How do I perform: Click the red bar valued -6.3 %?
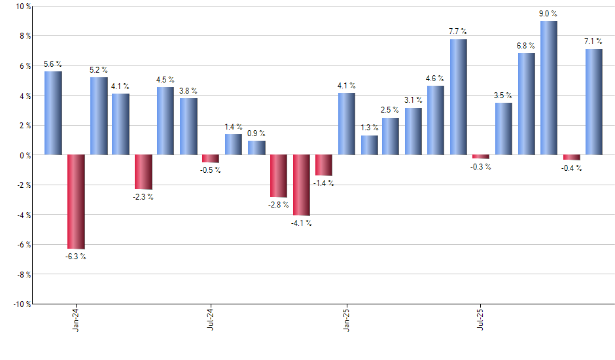coord(76,202)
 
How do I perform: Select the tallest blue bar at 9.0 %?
coord(549,88)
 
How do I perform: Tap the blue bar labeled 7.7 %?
coord(459,97)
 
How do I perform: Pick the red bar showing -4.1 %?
coord(301,185)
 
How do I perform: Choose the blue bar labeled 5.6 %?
coord(53,113)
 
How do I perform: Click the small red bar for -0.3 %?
coord(481,157)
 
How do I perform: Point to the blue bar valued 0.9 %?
coord(256,148)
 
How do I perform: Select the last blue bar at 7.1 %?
coord(594,102)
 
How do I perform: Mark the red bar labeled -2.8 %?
coord(279,176)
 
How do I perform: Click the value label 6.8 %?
coord(526,46)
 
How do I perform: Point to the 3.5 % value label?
coord(503,96)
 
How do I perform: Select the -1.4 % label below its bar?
coord(324,183)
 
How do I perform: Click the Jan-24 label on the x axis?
coord(76,319)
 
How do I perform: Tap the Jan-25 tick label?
coord(347,319)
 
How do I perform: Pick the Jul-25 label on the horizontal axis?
coord(481,319)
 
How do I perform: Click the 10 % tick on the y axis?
coord(24,7)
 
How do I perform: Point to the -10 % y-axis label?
coord(22,304)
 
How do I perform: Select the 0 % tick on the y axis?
coord(26,155)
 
